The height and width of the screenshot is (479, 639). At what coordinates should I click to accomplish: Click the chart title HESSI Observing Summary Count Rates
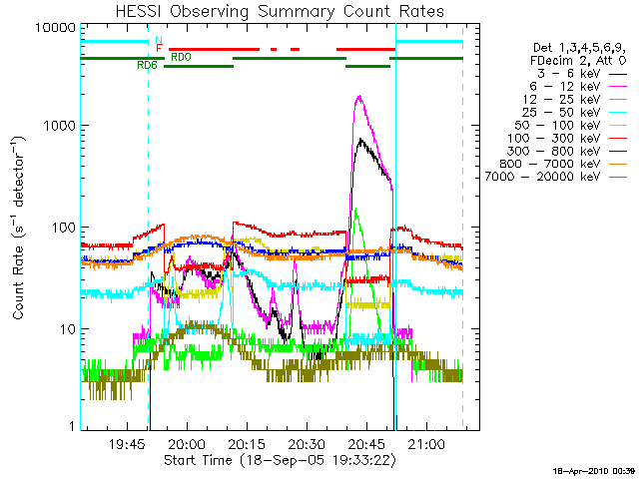(x=279, y=11)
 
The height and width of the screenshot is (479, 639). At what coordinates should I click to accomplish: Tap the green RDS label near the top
(x=147, y=65)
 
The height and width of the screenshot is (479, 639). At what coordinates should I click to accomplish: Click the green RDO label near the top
(x=181, y=57)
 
